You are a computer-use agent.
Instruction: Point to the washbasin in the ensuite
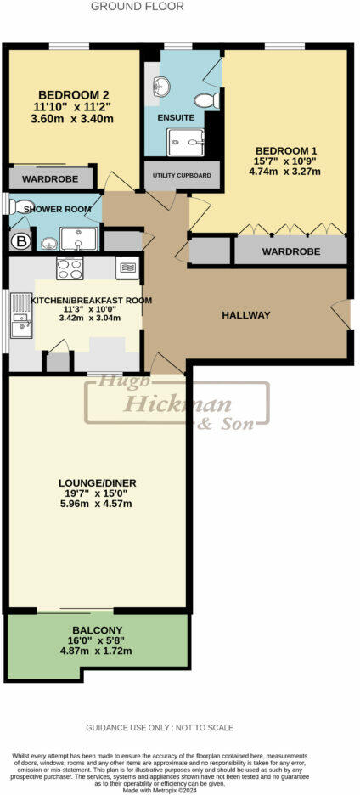(160, 85)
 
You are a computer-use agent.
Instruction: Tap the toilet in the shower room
(10, 206)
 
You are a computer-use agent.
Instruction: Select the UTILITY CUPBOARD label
(182, 175)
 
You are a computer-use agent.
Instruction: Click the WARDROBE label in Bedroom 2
(50, 179)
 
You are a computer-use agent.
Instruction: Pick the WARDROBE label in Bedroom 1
(290, 251)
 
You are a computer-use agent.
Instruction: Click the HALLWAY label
(245, 315)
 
